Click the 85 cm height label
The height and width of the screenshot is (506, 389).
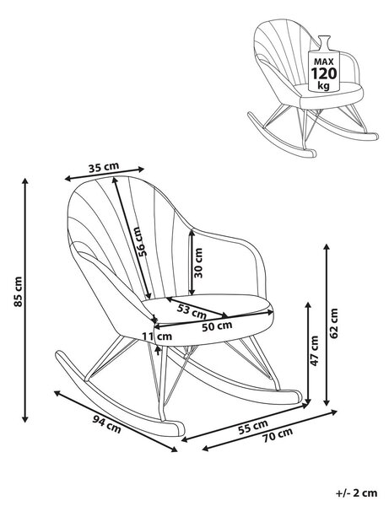(x=18, y=292)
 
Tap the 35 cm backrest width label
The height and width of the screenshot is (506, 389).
(x=104, y=167)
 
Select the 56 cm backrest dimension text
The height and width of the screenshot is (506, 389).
(x=141, y=241)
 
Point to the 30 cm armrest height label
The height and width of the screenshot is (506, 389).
(x=198, y=262)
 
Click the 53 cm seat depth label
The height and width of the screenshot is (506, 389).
(x=192, y=311)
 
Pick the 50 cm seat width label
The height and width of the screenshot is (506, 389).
(x=217, y=326)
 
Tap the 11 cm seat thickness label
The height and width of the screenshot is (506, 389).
(x=157, y=336)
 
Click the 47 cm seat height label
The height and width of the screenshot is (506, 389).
(x=314, y=351)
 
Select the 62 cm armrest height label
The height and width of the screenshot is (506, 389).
(x=334, y=323)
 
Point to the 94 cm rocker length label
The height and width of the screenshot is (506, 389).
(x=107, y=424)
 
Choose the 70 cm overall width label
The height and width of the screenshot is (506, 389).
(x=278, y=435)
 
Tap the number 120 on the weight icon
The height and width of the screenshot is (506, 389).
(x=323, y=73)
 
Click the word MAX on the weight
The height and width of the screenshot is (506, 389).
(x=324, y=62)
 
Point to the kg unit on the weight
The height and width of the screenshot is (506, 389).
(x=323, y=86)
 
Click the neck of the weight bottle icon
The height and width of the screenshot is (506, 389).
(x=324, y=42)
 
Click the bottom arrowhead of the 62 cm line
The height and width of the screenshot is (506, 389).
(x=327, y=402)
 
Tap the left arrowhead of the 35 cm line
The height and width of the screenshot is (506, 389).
(x=68, y=178)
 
